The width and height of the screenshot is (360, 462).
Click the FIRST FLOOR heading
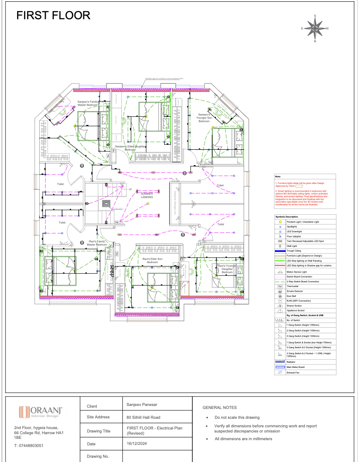coord(53,16)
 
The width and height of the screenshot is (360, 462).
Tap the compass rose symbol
coord(315,29)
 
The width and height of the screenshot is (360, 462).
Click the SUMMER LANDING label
coord(147,195)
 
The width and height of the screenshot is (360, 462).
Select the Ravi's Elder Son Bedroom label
coord(152,261)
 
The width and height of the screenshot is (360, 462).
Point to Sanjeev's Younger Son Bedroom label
coord(204,118)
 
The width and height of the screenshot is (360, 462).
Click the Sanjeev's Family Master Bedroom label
coord(88,103)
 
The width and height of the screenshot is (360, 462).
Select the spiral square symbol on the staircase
coord(106,203)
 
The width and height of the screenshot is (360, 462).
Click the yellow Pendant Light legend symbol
coord(280,222)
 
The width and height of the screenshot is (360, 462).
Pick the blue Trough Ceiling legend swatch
coord(280,251)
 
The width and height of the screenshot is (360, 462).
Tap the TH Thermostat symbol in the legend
coord(280,286)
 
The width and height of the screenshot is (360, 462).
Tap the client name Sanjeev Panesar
coord(142,404)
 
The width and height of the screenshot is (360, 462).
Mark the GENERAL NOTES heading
coord(219,408)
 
